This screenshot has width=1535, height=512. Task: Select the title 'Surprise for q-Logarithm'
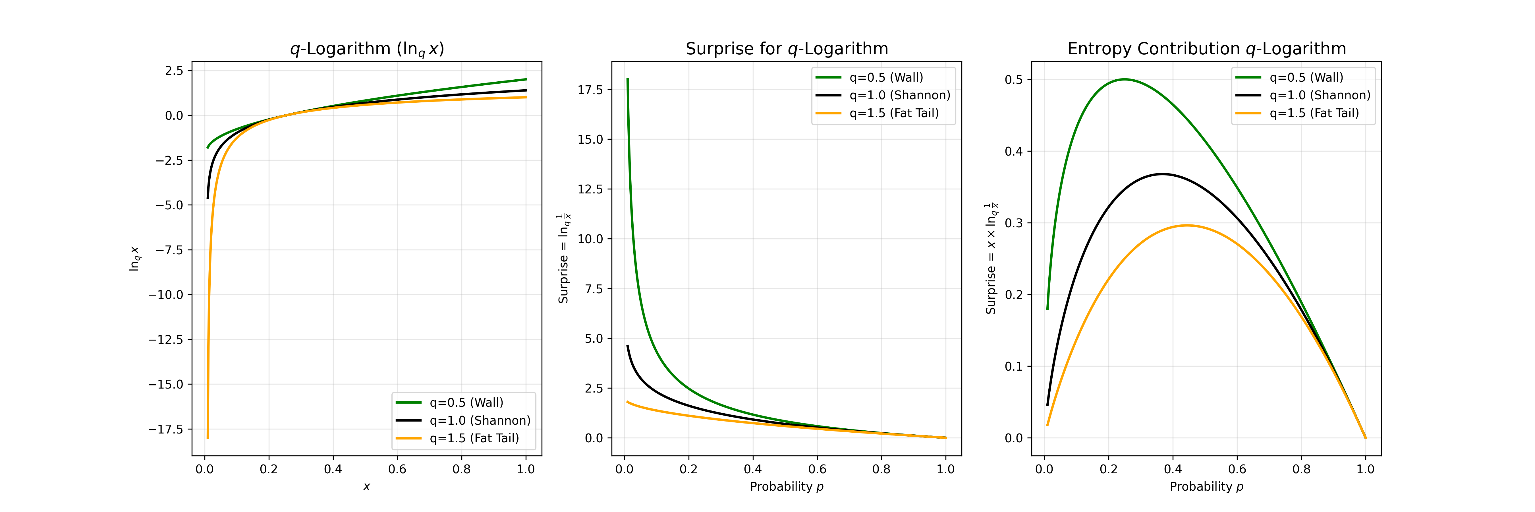pyautogui.click(x=787, y=49)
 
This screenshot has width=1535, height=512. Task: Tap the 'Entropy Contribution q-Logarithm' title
pyautogui.click(x=1207, y=49)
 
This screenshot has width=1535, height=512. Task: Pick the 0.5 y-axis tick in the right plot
pyautogui.click(x=1014, y=80)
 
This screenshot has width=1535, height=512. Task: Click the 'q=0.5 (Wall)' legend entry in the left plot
pyautogui.click(x=466, y=403)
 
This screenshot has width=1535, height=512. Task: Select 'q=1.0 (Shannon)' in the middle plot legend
pyautogui.click(x=900, y=95)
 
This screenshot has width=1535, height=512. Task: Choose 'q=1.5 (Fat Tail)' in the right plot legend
pyautogui.click(x=1314, y=113)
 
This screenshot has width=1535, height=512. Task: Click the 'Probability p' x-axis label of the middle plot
pyautogui.click(x=787, y=487)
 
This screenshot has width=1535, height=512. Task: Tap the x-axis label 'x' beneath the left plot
pyautogui.click(x=366, y=487)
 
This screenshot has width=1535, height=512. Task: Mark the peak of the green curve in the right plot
pyautogui.click(x=1125, y=79)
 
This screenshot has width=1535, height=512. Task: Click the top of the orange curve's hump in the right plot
pyautogui.click(x=1187, y=225)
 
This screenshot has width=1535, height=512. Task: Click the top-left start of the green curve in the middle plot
pyautogui.click(x=627, y=79)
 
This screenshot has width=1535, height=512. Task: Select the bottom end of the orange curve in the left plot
pyautogui.click(x=208, y=437)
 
